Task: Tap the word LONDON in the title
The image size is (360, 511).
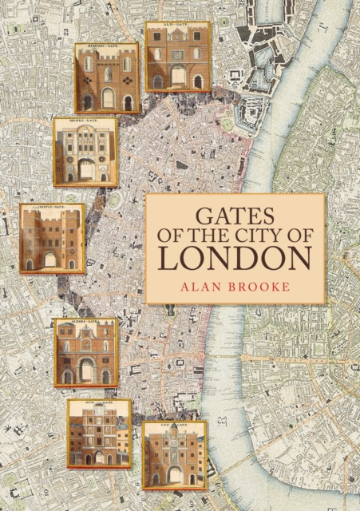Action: point(235,260)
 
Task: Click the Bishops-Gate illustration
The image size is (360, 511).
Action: point(107,77)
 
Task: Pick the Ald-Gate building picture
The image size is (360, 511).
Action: point(177,56)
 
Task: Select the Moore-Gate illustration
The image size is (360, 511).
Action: point(85,152)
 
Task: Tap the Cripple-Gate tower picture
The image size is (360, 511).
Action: point(52,237)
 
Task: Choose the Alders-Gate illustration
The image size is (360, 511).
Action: point(85,352)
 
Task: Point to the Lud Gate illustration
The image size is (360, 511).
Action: point(174,454)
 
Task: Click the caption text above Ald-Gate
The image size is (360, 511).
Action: point(177,26)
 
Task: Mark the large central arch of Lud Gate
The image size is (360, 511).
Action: point(174,473)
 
